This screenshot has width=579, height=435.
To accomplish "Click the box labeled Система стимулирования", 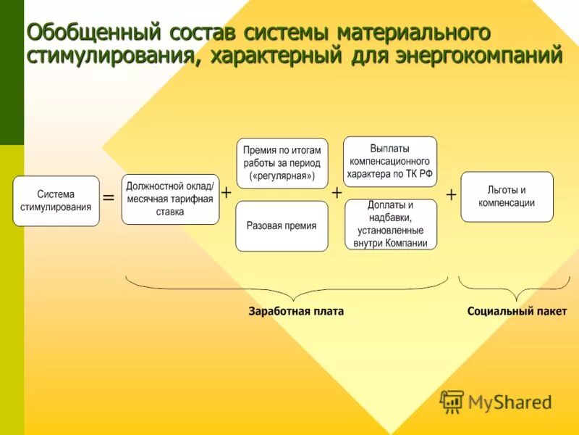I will (56, 201).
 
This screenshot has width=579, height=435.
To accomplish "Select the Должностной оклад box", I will (170, 199).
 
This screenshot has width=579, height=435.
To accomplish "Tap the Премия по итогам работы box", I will (282, 163).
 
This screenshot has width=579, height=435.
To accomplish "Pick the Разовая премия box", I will (282, 226).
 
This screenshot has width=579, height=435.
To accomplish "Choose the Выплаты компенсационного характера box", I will (389, 162).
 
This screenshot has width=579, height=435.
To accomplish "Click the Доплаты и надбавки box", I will (391, 224).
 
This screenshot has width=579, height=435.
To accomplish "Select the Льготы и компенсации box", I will (507, 196).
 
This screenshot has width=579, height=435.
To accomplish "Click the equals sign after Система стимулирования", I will (109, 197).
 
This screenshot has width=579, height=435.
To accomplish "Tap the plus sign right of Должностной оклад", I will (226, 193).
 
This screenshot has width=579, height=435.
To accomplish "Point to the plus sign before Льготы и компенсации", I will (451, 195).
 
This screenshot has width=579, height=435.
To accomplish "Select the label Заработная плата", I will (296, 311).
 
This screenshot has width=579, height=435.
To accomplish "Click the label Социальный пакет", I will (517, 311).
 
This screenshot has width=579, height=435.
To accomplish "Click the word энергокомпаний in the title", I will (478, 55).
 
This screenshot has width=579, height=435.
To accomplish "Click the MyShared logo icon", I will (452, 401).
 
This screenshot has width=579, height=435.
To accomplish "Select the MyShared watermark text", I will (510, 402).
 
